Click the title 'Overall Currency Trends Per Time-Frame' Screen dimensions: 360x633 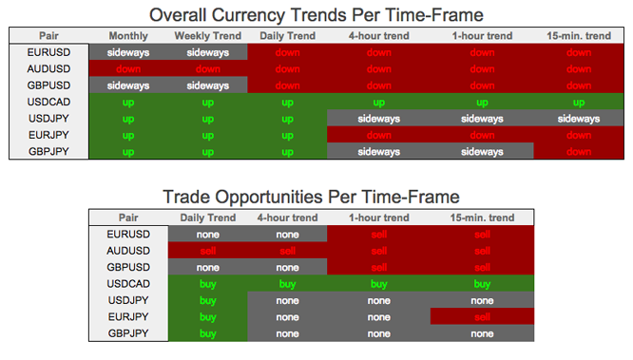click(x=317, y=14)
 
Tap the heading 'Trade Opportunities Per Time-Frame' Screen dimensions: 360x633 click(x=311, y=196)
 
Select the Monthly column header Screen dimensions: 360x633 click(x=127, y=35)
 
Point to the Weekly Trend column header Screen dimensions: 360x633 click(x=207, y=35)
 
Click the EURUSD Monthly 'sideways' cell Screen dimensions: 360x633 click(x=127, y=52)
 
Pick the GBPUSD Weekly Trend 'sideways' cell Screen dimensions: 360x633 click(x=207, y=85)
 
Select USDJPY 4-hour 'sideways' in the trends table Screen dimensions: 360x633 click(x=378, y=119)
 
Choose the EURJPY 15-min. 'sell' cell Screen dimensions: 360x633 click(x=483, y=316)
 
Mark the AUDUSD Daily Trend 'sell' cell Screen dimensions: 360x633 click(x=207, y=250)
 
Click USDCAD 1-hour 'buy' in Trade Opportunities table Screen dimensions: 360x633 click(x=378, y=283)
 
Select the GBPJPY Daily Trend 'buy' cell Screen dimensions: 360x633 click(x=207, y=333)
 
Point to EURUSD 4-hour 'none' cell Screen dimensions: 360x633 click(x=287, y=234)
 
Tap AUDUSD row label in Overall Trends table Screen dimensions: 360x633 click(x=48, y=68)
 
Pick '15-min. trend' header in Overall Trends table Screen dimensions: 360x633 click(x=579, y=35)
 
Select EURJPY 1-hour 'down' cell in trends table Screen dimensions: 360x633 click(x=482, y=135)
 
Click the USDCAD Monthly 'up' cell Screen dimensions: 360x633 click(x=127, y=102)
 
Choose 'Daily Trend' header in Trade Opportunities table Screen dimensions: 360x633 click(x=207, y=217)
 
